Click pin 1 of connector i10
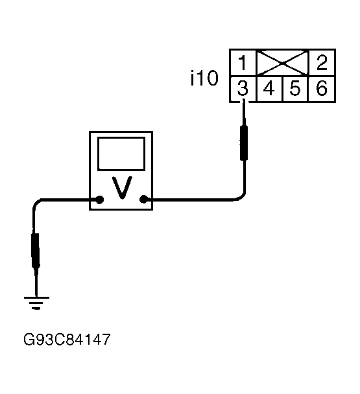coord(243,63)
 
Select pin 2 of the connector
coord(322,63)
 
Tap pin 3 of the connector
coord(243,89)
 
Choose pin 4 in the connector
coord(269,89)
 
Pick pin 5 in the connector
coord(295,89)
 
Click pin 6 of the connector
coord(322,89)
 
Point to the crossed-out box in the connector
coord(282,63)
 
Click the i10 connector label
coord(204,78)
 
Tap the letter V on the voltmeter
coord(122,187)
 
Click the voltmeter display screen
coord(121,154)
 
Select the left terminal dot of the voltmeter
coord(100,200)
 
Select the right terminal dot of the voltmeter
coord(143,200)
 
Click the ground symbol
coord(36,303)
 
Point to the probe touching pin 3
coord(243,131)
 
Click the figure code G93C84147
coord(67,340)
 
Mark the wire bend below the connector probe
coord(241,197)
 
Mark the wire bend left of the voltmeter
coord(36,203)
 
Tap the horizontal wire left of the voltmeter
coord(68,200)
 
